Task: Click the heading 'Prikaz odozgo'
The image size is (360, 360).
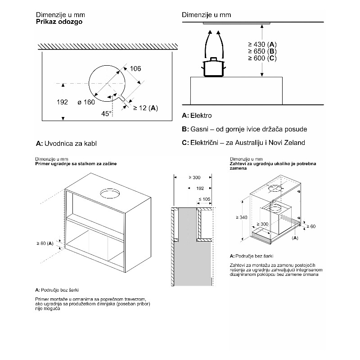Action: (x=58, y=21)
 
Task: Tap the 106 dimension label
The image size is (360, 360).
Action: (x=135, y=68)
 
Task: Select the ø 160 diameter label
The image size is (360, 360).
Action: (x=86, y=102)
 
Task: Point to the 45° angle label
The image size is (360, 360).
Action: (x=106, y=114)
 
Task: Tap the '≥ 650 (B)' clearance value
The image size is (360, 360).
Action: (x=262, y=51)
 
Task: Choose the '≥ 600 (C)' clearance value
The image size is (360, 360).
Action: (x=262, y=58)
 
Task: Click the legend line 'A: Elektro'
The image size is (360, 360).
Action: (x=197, y=116)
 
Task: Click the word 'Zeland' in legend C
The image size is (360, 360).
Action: (x=294, y=143)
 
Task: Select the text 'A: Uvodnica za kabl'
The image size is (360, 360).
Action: (x=67, y=144)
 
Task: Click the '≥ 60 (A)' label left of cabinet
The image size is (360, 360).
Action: (x=45, y=243)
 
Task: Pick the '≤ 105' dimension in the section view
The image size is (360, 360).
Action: (x=205, y=198)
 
